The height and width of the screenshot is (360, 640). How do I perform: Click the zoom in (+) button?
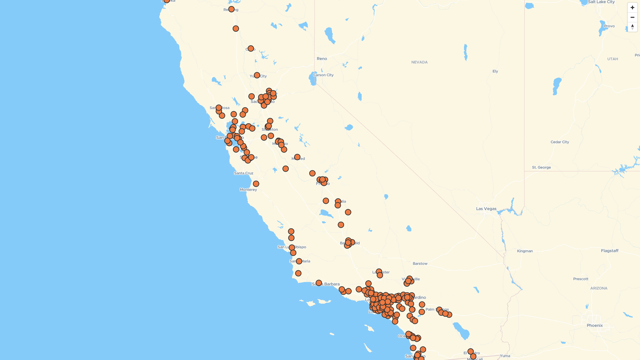pos(632,8)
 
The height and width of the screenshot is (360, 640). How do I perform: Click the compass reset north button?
pos(632,27)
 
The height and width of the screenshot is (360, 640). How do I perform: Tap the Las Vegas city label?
pos(486,209)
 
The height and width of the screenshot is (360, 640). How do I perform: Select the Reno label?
pos(322,59)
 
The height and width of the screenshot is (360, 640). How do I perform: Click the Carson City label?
pos(323,75)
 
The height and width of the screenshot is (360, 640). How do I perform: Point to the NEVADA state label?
pos(419,62)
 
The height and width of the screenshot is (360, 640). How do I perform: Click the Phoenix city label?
pos(595,325)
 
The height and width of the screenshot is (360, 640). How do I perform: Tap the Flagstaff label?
pos(609,251)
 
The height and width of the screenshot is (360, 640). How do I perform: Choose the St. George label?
pos(541,167)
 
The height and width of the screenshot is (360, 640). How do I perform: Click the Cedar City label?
pos(560,142)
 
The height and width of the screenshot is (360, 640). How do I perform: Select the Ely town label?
pos(495,71)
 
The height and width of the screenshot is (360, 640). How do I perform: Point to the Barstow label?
pos(420,264)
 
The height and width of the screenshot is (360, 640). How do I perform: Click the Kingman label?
pos(525,251)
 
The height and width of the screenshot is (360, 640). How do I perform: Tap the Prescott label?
pos(581,279)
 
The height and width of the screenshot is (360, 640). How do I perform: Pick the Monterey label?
pos(248,190)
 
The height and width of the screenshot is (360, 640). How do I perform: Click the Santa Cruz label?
pos(244,173)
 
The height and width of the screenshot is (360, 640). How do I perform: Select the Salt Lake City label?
pos(601,2)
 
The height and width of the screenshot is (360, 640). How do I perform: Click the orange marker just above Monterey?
pos(256,184)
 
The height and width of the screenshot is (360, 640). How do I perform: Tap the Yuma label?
pos(505,356)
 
